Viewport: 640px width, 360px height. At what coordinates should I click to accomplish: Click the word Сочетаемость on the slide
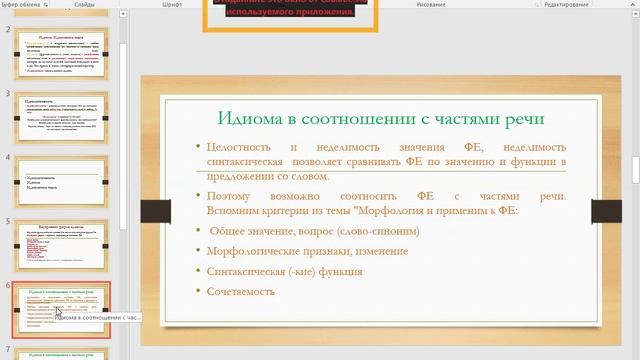coord(240,292)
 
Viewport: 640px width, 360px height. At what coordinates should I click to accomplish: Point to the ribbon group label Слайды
coord(84,4)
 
